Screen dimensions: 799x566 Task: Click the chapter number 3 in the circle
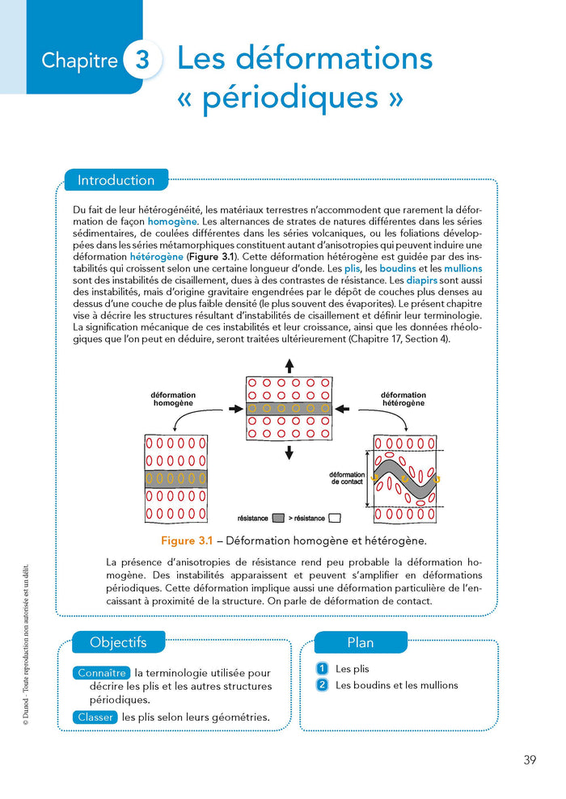pyautogui.click(x=142, y=61)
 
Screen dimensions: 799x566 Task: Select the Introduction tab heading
pyautogui.click(x=116, y=180)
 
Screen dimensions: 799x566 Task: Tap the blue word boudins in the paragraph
pyautogui.click(x=394, y=268)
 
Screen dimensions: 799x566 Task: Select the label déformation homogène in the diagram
pyautogui.click(x=173, y=399)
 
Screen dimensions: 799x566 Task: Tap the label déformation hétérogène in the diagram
pyautogui.click(x=403, y=399)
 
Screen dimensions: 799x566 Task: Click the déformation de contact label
pyautogui.click(x=347, y=477)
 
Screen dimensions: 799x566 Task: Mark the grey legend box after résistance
pyautogui.click(x=278, y=518)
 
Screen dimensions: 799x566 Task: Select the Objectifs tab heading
pyautogui.click(x=118, y=643)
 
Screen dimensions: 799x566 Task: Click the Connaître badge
pyautogui.click(x=103, y=673)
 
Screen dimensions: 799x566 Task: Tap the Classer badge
pyautogui.click(x=95, y=717)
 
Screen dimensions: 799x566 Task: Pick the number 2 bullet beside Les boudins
pyautogui.click(x=323, y=685)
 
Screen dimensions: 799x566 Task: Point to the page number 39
pyautogui.click(x=530, y=759)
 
